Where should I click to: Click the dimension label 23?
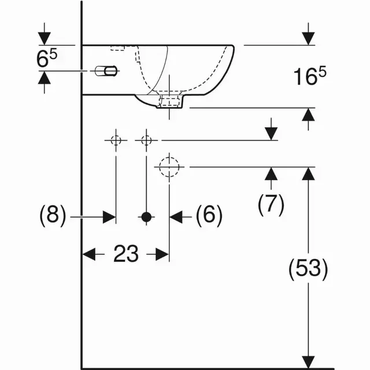[125, 253]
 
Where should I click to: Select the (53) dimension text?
[308, 268]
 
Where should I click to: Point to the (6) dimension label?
[209, 216]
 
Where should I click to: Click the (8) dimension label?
[52, 216]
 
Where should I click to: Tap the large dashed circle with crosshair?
[169, 166]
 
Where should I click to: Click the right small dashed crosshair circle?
[146, 140]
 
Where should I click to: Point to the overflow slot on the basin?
[107, 71]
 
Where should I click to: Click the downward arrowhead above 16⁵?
[308, 38]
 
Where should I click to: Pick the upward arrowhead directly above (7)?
[271, 173]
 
